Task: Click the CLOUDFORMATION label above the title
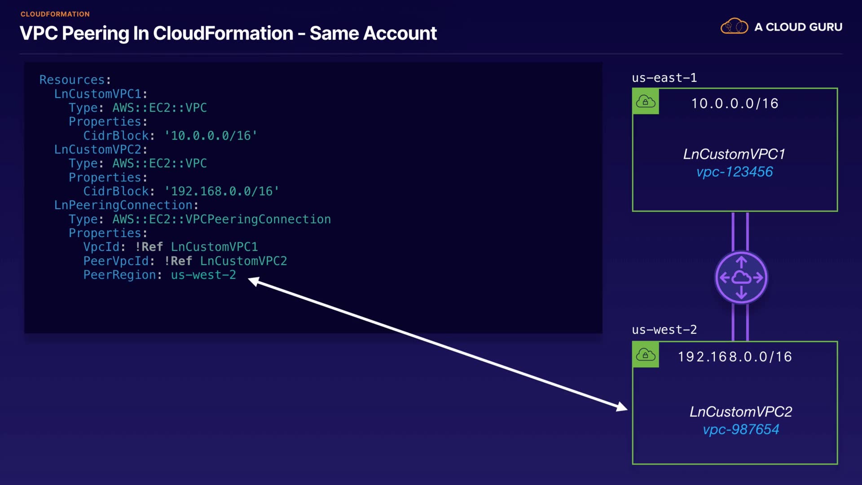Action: [55, 14]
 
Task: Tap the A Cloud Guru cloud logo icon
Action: [734, 26]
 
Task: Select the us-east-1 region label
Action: [664, 78]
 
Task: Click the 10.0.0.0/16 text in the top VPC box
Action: [734, 103]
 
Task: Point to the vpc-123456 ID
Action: [734, 172]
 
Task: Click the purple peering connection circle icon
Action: [741, 278]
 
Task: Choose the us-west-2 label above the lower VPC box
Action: [664, 330]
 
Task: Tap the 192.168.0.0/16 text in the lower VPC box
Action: [734, 357]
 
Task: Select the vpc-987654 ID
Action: [741, 429]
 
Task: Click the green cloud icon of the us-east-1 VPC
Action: [646, 101]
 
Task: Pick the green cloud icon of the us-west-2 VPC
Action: [646, 355]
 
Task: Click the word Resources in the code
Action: [72, 80]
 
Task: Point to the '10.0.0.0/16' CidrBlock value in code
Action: [211, 136]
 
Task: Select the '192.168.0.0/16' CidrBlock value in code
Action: [222, 191]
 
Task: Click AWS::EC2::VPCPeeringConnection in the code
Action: [221, 219]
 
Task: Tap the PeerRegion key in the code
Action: [119, 275]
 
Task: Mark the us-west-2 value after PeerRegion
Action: [203, 275]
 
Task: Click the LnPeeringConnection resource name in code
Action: [123, 205]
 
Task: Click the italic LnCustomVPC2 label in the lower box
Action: [741, 411]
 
